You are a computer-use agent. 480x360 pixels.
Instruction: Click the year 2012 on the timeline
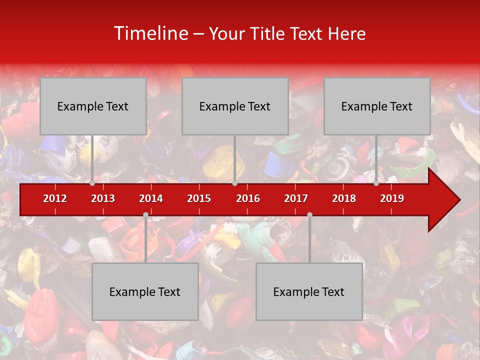click(x=55, y=198)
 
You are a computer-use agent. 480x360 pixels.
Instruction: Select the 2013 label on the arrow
click(x=103, y=198)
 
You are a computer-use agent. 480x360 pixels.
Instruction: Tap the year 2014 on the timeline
click(x=151, y=198)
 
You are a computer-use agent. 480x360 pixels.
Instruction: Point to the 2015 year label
click(x=199, y=198)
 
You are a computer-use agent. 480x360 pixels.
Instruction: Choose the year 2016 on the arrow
click(x=248, y=198)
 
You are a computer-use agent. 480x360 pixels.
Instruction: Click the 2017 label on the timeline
click(x=296, y=198)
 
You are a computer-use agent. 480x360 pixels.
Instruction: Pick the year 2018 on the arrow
click(x=344, y=198)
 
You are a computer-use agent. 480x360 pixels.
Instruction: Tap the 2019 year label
click(x=392, y=198)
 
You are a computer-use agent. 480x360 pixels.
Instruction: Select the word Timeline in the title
click(x=149, y=33)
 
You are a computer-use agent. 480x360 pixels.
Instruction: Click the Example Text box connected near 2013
click(x=93, y=106)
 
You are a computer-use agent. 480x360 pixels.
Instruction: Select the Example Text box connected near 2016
click(x=235, y=106)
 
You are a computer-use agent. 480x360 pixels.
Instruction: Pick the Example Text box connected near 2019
click(x=377, y=106)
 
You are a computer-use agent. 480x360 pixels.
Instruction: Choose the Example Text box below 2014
click(x=145, y=291)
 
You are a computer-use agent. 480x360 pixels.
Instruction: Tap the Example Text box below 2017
click(x=309, y=291)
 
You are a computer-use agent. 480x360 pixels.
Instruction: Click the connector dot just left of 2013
click(x=92, y=183)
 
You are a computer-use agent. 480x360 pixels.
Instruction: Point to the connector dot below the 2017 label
click(x=309, y=214)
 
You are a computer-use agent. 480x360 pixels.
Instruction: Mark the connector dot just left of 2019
click(x=376, y=183)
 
